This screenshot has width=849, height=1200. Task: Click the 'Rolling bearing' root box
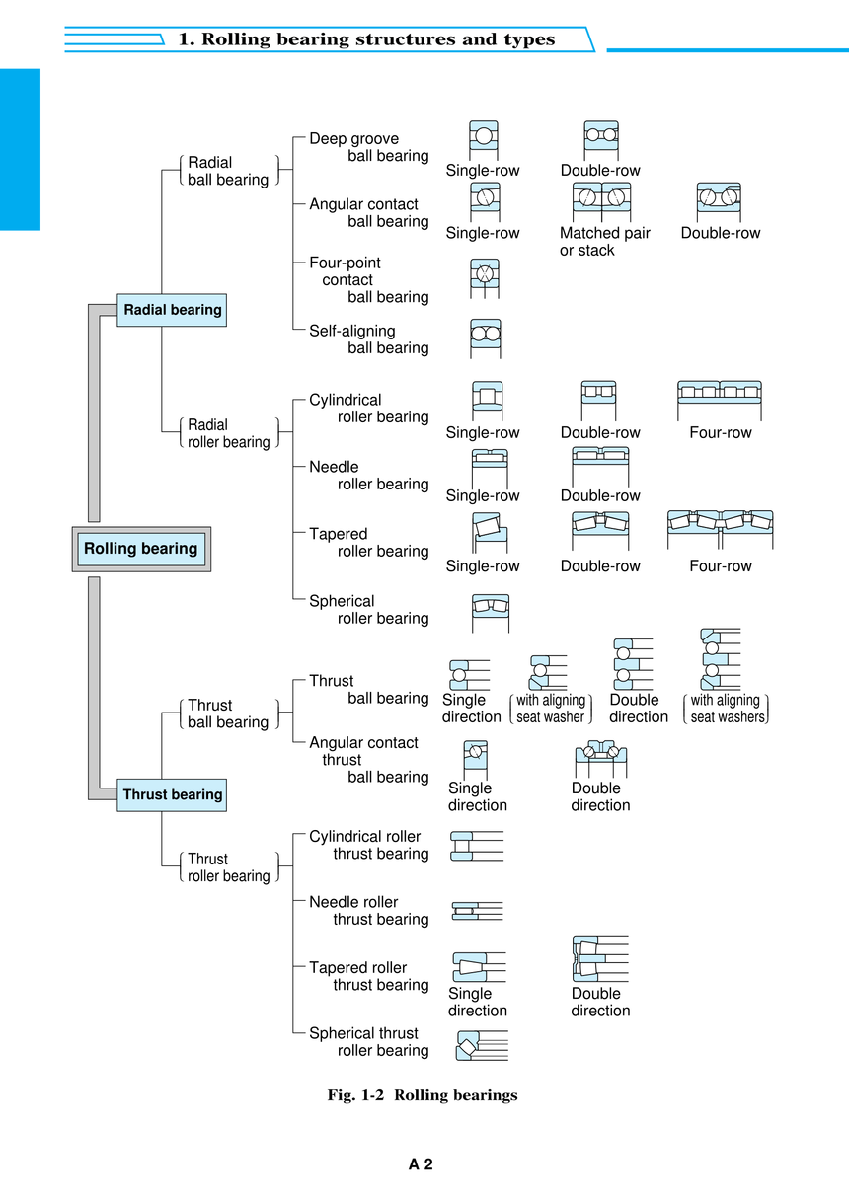point(141,549)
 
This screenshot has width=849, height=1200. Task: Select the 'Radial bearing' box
point(172,310)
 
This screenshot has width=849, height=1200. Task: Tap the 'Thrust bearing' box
point(172,794)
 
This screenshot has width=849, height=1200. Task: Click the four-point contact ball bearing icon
point(485,278)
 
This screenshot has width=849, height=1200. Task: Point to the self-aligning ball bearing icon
point(486,338)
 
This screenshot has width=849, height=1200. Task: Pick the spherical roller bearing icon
point(491,613)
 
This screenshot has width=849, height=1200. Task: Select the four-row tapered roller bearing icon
point(721,530)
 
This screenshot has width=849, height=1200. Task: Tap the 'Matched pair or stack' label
point(604,241)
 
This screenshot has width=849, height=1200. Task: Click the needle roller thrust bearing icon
point(477,911)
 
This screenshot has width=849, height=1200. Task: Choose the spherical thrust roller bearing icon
point(482,1045)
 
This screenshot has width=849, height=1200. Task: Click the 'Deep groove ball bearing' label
point(369,147)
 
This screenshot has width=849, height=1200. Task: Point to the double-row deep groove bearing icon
point(601,140)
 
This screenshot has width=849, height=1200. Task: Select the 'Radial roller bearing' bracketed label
point(229,433)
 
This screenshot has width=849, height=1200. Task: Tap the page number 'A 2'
point(421,1164)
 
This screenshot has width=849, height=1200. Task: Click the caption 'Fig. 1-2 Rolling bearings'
point(423,1095)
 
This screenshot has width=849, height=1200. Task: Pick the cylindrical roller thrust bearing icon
point(477,846)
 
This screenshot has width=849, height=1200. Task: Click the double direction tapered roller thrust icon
point(600,959)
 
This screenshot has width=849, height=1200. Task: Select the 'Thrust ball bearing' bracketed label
point(229,713)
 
